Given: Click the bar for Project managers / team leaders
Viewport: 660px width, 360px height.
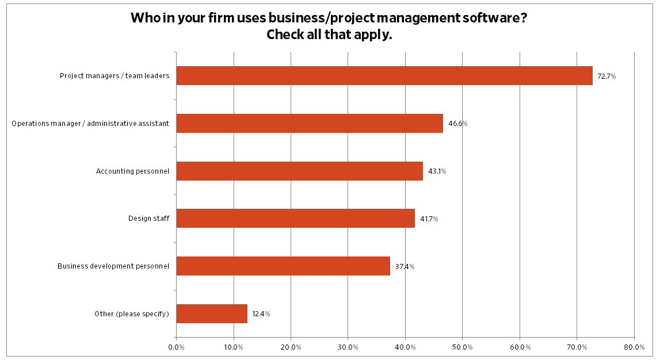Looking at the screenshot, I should click(384, 76).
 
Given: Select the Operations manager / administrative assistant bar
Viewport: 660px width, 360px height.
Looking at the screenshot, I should click(310, 124).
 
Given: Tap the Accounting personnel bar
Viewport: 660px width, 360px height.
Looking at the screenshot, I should click(299, 171).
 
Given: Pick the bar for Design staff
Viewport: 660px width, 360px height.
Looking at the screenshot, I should click(295, 219).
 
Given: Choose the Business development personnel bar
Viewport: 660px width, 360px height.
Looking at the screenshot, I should click(283, 266).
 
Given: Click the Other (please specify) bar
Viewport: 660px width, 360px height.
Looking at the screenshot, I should click(212, 314).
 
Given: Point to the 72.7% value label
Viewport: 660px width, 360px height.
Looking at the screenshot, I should click(606, 76).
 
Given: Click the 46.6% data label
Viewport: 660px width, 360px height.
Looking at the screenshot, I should click(458, 124).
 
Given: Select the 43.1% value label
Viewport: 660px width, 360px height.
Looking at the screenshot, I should click(437, 171).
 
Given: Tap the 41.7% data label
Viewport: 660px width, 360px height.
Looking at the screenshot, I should click(429, 219).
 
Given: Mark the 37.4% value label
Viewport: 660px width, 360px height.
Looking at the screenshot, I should click(405, 267).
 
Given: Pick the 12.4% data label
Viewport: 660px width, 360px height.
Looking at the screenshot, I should click(261, 314).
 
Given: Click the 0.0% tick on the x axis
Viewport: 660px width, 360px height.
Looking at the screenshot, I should click(176, 347).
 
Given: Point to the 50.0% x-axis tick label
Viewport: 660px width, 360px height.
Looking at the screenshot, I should click(463, 347).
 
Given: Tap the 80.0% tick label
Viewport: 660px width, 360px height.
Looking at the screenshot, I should click(634, 347).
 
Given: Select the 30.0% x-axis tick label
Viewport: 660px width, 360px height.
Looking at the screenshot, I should click(348, 347).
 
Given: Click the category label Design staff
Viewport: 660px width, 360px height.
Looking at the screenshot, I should click(148, 219).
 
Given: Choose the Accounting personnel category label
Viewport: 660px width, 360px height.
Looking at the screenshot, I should click(132, 171).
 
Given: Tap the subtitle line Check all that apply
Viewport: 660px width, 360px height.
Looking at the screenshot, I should click(329, 35).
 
